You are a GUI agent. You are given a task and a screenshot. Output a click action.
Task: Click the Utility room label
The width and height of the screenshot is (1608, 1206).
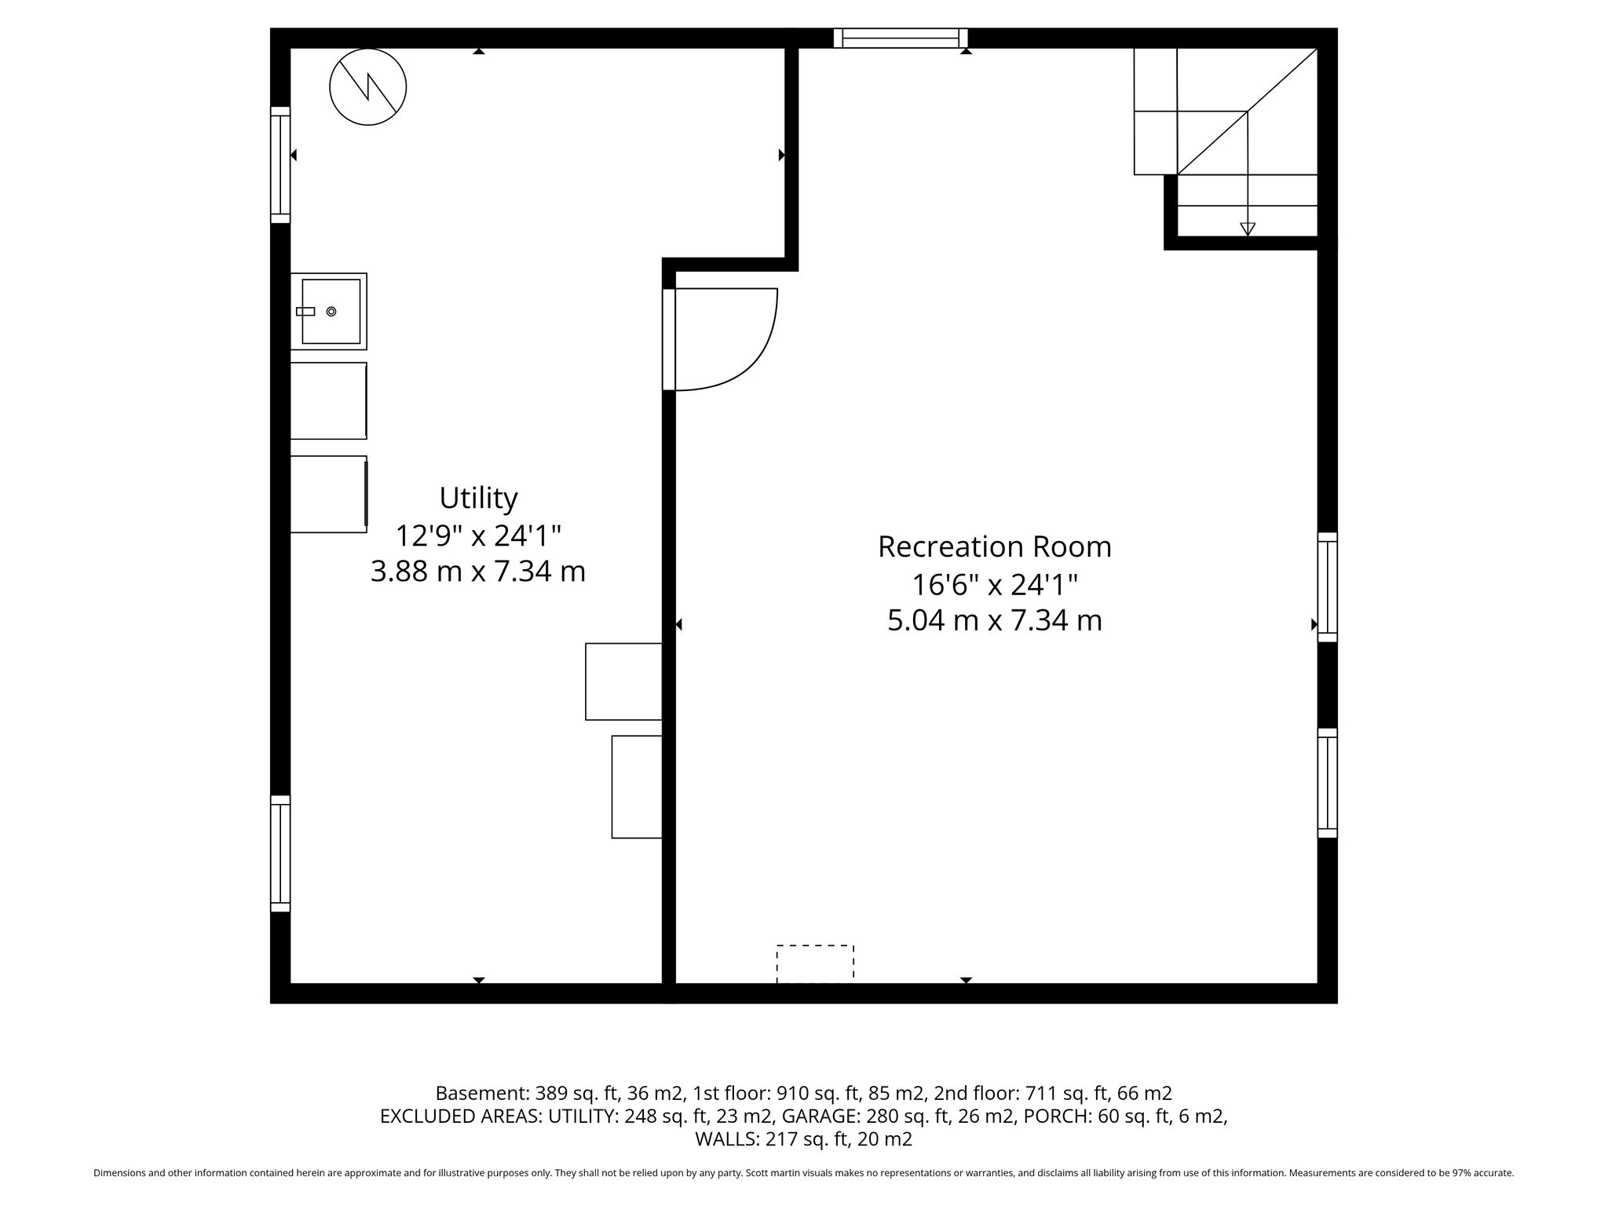point(478,499)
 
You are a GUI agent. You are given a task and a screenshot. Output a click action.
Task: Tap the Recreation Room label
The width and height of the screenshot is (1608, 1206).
point(995,546)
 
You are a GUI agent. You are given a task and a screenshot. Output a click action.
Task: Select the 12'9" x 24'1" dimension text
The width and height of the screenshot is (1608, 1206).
point(478,535)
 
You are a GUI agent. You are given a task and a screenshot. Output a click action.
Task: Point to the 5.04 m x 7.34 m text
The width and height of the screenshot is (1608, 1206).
point(995,620)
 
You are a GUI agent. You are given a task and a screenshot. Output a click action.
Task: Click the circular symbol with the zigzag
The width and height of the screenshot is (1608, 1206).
point(367,86)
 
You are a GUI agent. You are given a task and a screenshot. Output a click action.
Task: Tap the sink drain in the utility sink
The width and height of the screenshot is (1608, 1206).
point(331,312)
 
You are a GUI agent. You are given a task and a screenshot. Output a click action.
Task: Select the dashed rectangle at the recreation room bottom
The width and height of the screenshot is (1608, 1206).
point(815,963)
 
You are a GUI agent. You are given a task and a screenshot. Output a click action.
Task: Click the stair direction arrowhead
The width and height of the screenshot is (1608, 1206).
point(1248,229)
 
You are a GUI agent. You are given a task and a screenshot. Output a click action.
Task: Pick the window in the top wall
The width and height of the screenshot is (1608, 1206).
point(901,38)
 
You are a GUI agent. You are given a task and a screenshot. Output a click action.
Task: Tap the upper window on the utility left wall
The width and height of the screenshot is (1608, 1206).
point(280,165)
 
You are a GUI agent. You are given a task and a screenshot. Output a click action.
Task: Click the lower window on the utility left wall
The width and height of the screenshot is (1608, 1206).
point(280,853)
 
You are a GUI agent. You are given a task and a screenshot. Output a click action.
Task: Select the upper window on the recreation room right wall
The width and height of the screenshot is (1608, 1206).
point(1327,587)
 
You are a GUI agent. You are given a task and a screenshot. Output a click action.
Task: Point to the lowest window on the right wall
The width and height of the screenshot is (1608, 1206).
point(1327,783)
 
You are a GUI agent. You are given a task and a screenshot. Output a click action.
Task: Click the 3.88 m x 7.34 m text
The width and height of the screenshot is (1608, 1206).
point(478,572)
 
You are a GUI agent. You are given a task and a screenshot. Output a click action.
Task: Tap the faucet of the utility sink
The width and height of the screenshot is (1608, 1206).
point(305,312)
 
